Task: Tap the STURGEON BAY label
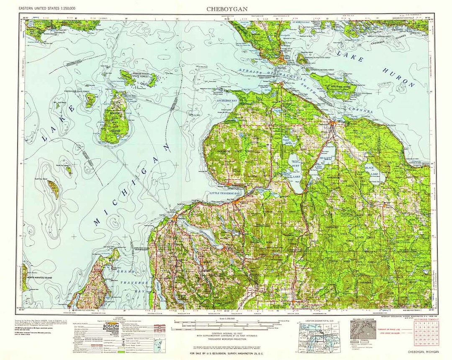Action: click(x=227, y=101)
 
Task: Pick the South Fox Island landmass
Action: click(x=53, y=189)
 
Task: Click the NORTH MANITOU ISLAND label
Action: click(x=39, y=278)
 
